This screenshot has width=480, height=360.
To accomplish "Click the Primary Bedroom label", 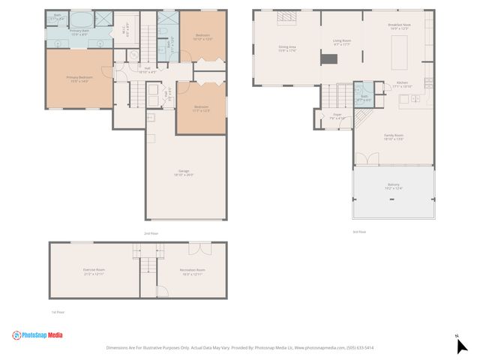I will coord(79,79).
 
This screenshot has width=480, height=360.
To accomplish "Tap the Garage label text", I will coord(184,174).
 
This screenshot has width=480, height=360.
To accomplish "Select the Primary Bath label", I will coord(79,32).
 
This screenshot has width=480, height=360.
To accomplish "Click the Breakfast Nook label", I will coord(398,27).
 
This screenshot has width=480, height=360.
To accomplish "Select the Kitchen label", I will coord(402,85).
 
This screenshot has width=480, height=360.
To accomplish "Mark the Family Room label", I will coord(394,137).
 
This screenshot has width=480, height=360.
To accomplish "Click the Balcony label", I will coord(394,186).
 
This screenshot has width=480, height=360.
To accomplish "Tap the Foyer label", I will coord(337,116).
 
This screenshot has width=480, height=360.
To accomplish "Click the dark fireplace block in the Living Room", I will coord(327,60).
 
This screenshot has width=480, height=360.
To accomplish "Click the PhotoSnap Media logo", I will coord(37,335).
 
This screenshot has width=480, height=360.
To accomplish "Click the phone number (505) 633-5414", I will coord(359,348).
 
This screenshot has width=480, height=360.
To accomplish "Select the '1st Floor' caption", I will coord(58,312).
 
